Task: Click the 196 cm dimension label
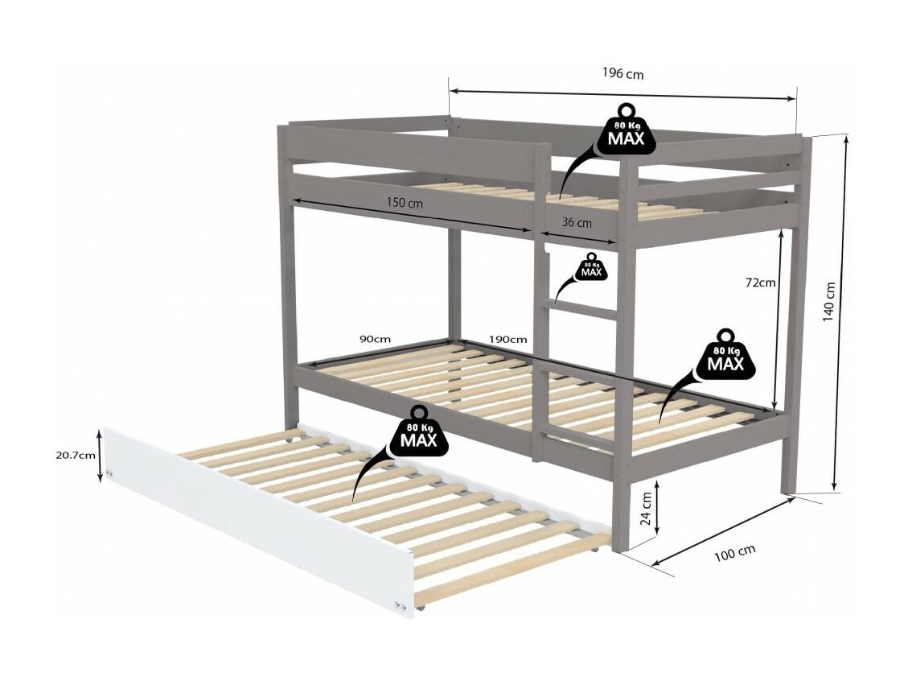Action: [x=622, y=73]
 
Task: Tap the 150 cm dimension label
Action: [x=405, y=203]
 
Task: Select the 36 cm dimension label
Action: [x=577, y=222]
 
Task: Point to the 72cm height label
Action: [x=760, y=283]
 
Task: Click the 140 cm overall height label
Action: [x=828, y=302]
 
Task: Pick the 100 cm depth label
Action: [x=734, y=552]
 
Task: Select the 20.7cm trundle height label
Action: [x=76, y=455]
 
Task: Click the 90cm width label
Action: [x=376, y=339]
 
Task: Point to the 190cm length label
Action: [x=507, y=339]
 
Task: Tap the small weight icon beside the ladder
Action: [x=591, y=266]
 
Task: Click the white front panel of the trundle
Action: [x=257, y=518]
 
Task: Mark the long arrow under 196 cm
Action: [x=623, y=95]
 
